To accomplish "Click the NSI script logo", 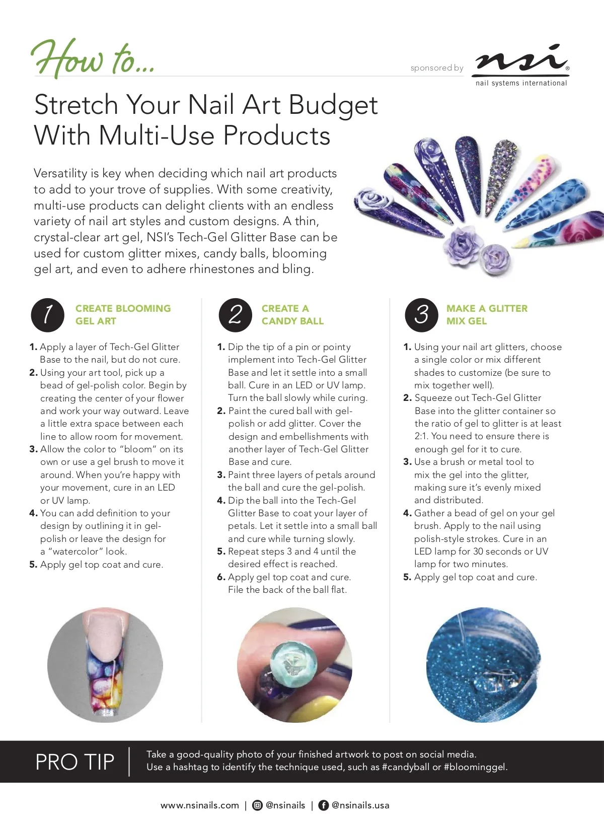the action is (521, 58).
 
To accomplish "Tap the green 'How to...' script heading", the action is (93, 58).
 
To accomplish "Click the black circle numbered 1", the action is (47, 315).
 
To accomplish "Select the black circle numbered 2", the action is (235, 315).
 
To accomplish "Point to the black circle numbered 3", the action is (421, 315).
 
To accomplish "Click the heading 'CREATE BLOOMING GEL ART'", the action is (123, 314).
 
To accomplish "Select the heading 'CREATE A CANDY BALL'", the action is (292, 314).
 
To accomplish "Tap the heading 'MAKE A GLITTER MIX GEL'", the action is (487, 314).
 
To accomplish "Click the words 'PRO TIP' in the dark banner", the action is (74, 762).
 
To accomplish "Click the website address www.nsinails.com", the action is (200, 805).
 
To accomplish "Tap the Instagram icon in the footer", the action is (257, 805).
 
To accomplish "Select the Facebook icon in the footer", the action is (323, 805).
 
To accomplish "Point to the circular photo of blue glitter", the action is (483, 665).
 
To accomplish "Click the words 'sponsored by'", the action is (437, 68).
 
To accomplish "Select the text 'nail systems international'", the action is (521, 83).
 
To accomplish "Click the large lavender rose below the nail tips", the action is (461, 244).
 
